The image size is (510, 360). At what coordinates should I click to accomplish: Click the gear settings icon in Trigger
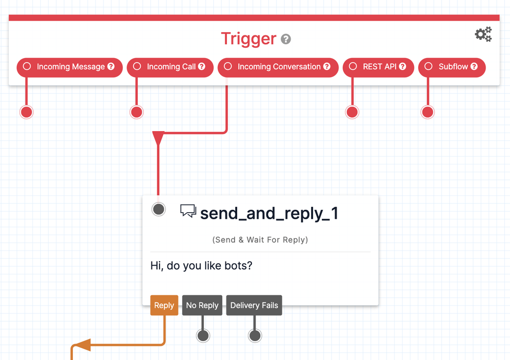click(483, 34)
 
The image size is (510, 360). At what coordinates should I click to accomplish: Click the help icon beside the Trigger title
click(286, 39)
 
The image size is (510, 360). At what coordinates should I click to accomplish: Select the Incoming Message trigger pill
click(70, 67)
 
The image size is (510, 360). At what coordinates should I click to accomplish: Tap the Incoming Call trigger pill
click(170, 67)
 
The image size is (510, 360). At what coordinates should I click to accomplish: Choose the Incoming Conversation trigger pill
click(278, 67)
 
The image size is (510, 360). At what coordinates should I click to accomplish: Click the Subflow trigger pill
click(452, 67)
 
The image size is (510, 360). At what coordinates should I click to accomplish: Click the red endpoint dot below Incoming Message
click(27, 112)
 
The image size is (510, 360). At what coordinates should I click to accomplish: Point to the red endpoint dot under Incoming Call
click(136, 112)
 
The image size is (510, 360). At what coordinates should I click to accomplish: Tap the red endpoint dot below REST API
click(352, 112)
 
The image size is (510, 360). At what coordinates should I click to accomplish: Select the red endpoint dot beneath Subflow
click(427, 112)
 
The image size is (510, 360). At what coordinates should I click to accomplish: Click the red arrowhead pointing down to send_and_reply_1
click(159, 138)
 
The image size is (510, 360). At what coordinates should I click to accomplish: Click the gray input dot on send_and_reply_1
click(159, 209)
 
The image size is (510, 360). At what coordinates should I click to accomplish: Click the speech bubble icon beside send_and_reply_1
click(188, 211)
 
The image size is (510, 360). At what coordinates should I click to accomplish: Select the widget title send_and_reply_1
click(269, 213)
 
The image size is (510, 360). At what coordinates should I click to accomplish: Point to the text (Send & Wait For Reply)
click(260, 240)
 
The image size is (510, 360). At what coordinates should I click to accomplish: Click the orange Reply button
click(164, 305)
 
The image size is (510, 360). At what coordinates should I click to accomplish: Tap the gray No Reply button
click(202, 305)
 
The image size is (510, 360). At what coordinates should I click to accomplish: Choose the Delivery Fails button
click(254, 305)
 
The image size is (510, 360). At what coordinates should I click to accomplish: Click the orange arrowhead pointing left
click(83, 345)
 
